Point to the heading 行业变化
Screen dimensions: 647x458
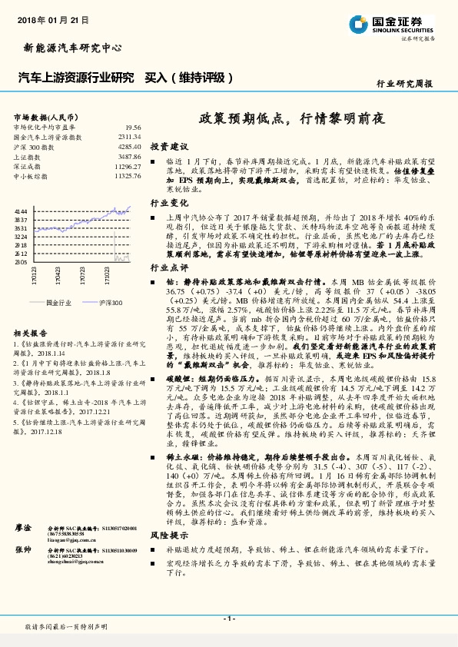tap(168, 204)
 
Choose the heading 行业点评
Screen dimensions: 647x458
tap(168, 268)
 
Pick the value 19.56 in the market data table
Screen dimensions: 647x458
tap(132, 127)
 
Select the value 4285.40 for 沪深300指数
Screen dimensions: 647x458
tap(129, 146)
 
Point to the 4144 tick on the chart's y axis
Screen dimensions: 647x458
tap(22, 210)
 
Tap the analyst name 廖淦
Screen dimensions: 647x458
tap(23, 550)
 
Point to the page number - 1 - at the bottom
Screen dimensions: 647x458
tap(228, 619)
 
